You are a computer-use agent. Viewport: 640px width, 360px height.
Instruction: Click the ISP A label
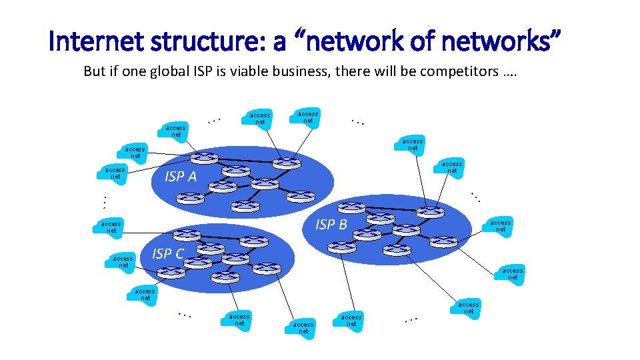180,177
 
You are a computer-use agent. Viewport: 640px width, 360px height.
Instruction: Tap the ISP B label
331,225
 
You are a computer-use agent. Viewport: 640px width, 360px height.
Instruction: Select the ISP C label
167,254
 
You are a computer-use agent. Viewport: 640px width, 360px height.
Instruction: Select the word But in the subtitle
94,71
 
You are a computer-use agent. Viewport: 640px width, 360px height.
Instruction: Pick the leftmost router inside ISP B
342,246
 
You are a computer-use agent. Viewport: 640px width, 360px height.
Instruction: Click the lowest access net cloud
303,327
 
